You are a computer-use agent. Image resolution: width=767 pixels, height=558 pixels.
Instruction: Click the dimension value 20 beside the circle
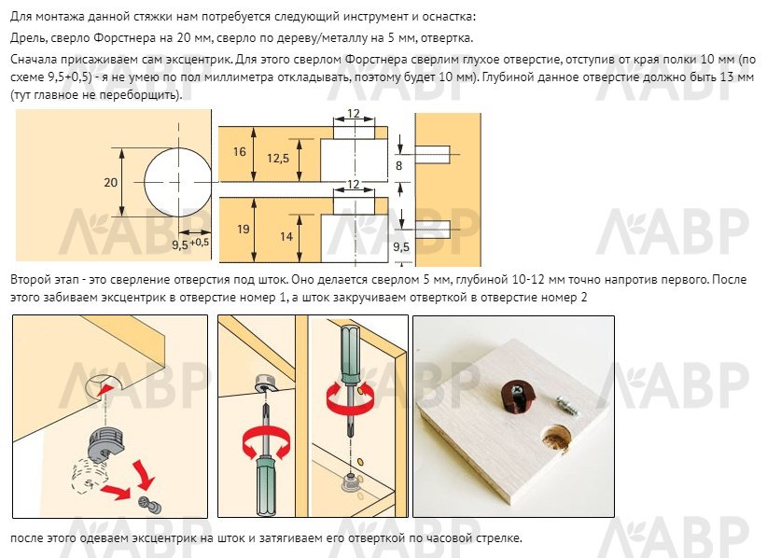pos(110,182)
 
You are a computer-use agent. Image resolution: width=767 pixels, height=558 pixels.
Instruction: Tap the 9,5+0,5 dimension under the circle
pos(190,244)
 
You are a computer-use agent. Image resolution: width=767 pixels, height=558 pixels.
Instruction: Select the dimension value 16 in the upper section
pos(239,152)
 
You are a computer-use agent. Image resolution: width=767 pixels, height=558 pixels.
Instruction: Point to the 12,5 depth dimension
pos(278,159)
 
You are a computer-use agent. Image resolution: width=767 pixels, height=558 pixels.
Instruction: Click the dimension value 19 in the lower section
pos(244,229)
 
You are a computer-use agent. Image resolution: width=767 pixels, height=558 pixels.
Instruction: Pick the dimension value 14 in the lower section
pos(286,237)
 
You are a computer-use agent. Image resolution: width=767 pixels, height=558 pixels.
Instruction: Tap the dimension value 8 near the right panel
pos(398,166)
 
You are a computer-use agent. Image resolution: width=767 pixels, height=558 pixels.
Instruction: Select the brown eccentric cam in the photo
pos(518,397)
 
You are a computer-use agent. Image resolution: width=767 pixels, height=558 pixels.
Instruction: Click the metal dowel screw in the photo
pos(567,407)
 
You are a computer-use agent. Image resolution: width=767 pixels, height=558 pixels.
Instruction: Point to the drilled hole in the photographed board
pos(557,439)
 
